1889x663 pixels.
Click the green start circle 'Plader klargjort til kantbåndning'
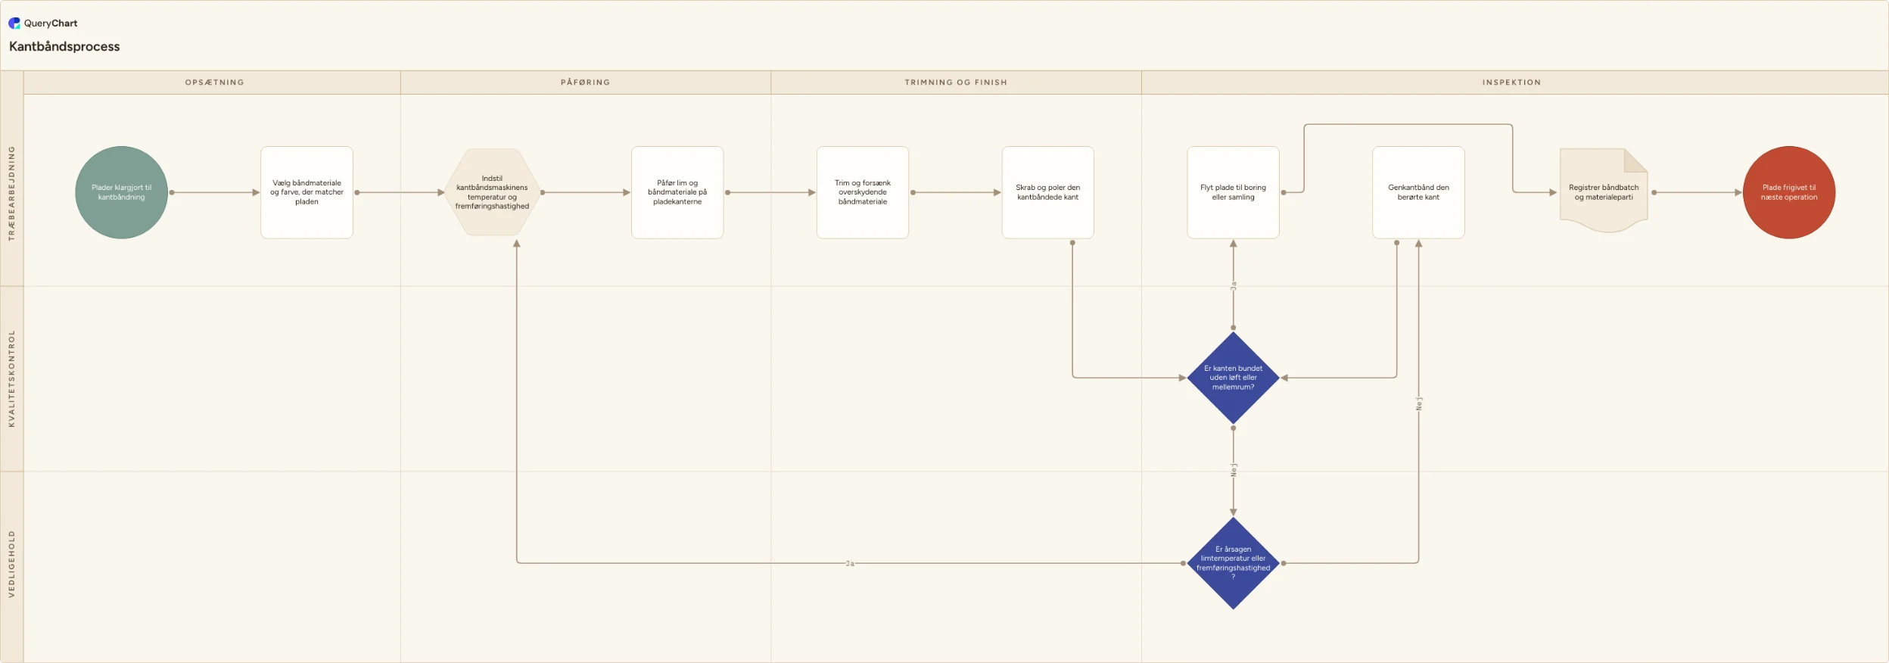pos(121,192)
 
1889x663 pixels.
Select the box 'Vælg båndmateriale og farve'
pos(307,192)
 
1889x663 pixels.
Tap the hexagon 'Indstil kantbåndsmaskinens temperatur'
pos(492,192)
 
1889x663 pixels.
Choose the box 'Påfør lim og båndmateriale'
pos(677,192)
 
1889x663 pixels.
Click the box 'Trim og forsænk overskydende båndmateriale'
pos(863,192)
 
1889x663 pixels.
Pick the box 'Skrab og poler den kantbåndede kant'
pos(1048,192)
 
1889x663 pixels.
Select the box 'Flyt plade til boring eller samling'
pos(1234,192)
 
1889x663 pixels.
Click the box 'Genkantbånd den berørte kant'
pos(1419,192)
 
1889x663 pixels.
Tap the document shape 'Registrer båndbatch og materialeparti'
pos(1604,191)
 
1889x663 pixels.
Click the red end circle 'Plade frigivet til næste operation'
pos(1789,192)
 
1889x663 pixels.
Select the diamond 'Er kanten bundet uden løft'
pos(1234,378)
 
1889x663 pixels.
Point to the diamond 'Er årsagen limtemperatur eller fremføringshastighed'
pos(1234,563)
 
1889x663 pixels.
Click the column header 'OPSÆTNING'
pos(215,82)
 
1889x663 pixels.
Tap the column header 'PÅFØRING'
pos(586,82)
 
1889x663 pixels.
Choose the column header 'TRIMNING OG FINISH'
pos(956,82)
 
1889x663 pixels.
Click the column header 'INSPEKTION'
pos(1511,82)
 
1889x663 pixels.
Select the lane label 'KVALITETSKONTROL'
pos(11,378)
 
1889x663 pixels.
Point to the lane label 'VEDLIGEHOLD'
pos(11,564)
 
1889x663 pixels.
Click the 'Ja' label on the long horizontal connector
pos(850,563)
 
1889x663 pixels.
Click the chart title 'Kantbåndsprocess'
pos(64,46)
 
